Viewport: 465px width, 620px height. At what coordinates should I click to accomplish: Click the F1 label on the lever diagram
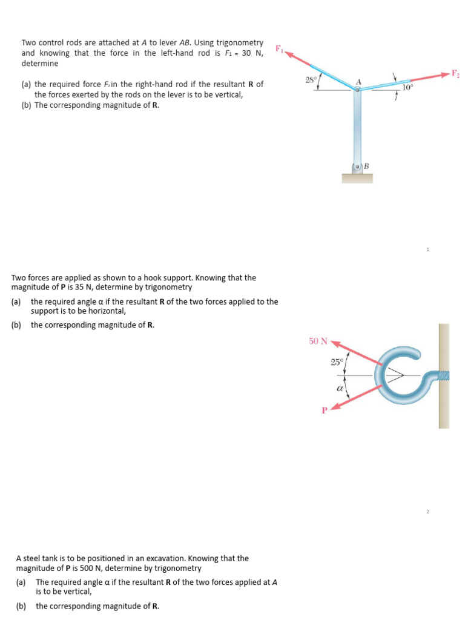coord(279,48)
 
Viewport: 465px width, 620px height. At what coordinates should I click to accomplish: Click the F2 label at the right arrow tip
coord(455,74)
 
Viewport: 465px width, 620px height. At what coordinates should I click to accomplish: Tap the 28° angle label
coord(311,80)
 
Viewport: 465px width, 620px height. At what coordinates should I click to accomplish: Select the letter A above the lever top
coord(358,82)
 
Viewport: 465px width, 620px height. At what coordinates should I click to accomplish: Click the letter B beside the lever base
coord(367,166)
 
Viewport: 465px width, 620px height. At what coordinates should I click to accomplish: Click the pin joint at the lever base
coord(358,167)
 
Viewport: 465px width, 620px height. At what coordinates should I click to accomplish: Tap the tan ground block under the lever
coord(357,178)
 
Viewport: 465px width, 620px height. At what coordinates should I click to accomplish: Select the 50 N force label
coord(318,341)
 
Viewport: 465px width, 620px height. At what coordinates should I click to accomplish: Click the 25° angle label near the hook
coord(337,362)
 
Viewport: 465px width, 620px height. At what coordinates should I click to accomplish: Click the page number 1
coord(427,249)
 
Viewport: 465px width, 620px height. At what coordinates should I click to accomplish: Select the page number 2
coord(427,512)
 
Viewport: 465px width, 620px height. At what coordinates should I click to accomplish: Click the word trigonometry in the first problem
coord(240,42)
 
